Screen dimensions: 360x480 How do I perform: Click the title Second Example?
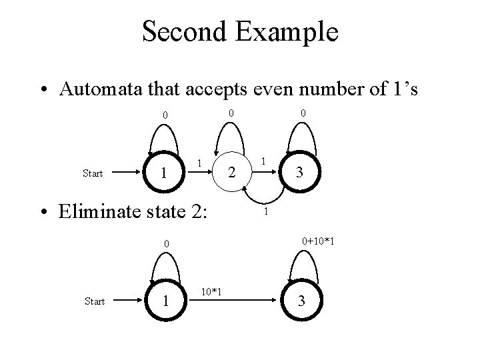tap(240, 32)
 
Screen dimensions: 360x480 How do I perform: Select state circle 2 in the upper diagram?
tap(231, 173)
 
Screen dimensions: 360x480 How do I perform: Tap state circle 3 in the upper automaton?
tap(301, 173)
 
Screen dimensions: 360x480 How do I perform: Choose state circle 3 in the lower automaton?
tap(301, 301)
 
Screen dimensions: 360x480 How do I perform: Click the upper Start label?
tap(92, 174)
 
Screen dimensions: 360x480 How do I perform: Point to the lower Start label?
tap(95, 302)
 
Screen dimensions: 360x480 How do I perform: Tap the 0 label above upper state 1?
tap(165, 116)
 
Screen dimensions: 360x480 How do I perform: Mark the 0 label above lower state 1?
tap(168, 245)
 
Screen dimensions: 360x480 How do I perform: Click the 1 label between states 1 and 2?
tap(201, 162)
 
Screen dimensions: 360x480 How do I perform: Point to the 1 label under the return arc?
tap(265, 213)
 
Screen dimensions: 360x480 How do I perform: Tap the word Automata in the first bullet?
tap(91, 89)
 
